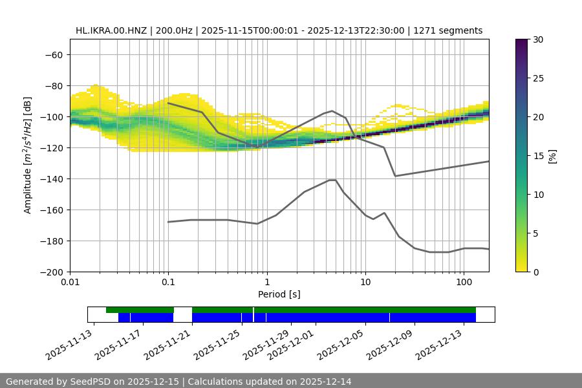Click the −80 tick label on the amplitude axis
pos(52,86)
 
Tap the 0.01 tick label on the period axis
pos(70,283)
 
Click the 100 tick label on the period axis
pos(464,283)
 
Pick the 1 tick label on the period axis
pos(266,283)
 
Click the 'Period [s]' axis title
pos(279,295)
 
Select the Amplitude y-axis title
pos(27,155)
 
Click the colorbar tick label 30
pos(538,40)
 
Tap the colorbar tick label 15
pos(538,156)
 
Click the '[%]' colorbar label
pos(552,156)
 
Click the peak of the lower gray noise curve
pos(332,180)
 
